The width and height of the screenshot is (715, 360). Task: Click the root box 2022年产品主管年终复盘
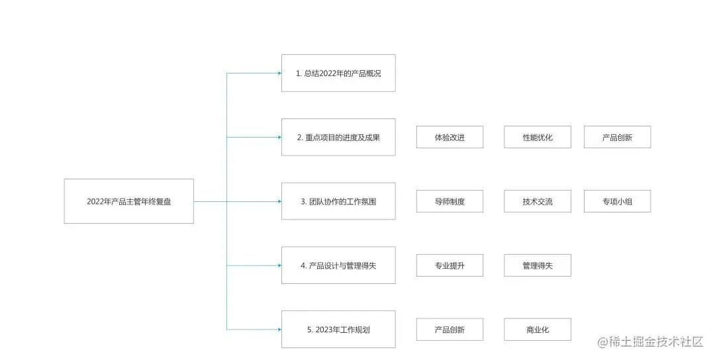coord(129,201)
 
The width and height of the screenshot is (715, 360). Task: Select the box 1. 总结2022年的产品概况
coord(338,73)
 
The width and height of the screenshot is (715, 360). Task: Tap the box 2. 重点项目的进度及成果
coord(338,137)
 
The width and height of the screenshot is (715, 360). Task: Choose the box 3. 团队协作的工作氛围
coord(338,201)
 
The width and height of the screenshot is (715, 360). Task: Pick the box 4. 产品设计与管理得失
coord(338,265)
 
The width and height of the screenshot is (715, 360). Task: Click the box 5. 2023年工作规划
coord(338,329)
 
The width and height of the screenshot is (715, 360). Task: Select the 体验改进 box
coord(450,137)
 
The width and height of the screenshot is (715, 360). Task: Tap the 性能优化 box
coord(537,137)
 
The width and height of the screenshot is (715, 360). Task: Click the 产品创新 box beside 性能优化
coord(617,137)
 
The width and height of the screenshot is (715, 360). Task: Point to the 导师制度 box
coord(450,201)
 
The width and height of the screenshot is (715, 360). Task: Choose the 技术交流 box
coord(537,201)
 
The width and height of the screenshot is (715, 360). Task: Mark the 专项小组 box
coord(617,201)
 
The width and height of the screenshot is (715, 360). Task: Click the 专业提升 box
coord(450,265)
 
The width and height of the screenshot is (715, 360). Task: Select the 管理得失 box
coord(537,265)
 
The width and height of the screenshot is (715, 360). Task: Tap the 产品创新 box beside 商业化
coord(450,329)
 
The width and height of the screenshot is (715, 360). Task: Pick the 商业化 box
coord(537,329)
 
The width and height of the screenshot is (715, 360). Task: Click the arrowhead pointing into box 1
coord(279,73)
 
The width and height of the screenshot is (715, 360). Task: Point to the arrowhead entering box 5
coord(279,329)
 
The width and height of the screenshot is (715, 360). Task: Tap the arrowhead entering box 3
coord(279,201)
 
